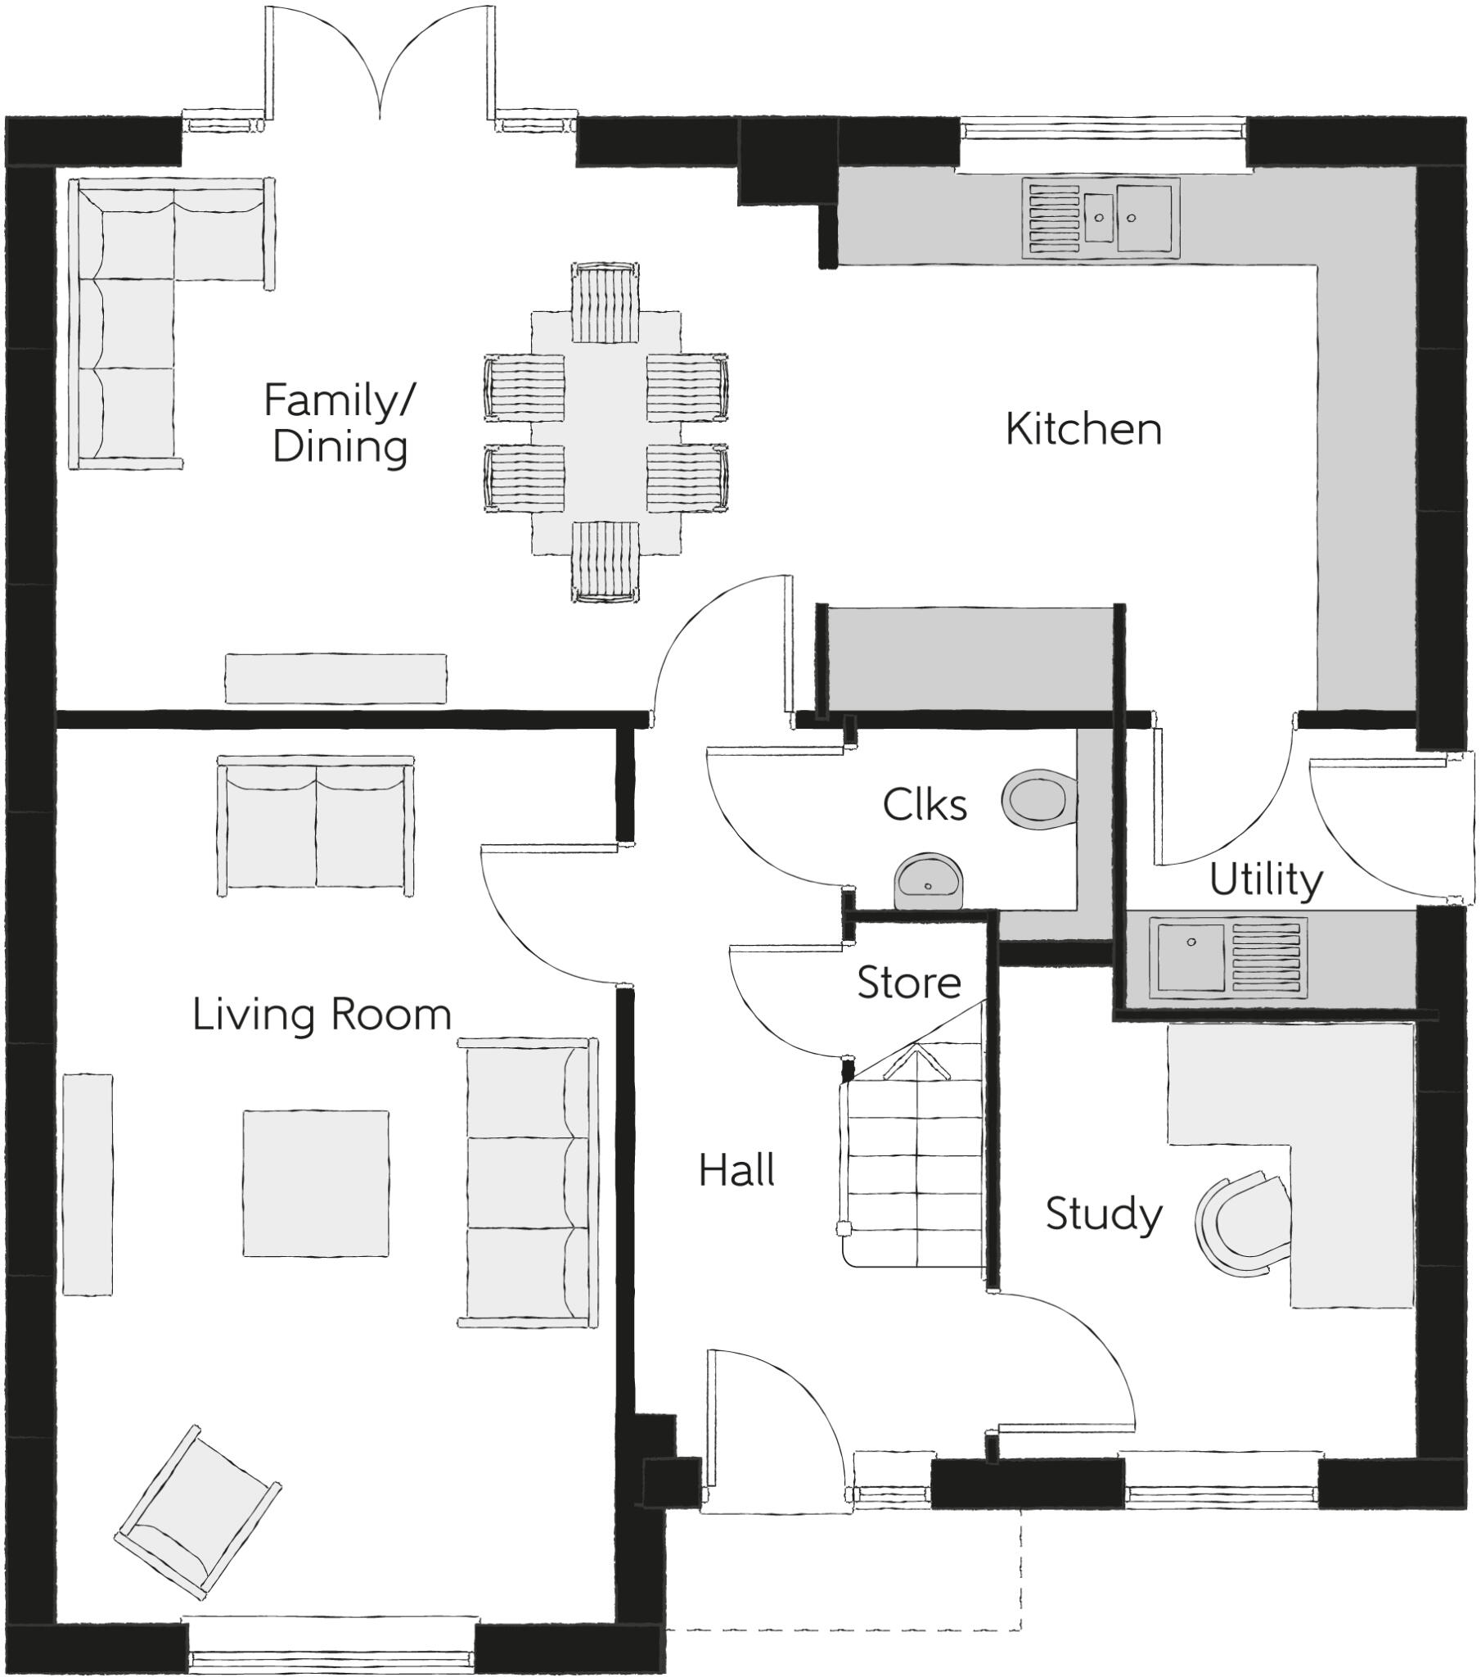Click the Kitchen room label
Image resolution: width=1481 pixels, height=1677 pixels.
1083,430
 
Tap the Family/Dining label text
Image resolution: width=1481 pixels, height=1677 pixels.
340,424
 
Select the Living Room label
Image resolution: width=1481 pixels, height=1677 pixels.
322,1015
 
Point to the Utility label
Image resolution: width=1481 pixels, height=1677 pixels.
1265,880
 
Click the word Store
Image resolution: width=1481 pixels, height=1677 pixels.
908,982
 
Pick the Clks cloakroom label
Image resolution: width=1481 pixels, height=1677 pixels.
924,805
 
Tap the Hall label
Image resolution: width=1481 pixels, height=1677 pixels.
736,1170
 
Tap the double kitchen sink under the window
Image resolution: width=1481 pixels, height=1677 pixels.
1101,218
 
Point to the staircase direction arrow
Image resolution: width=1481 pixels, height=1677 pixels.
914,1067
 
